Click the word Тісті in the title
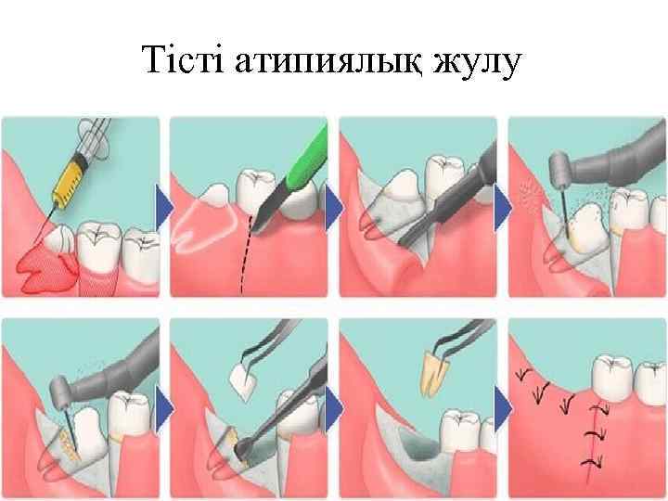click(183, 59)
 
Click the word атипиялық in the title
click(328, 62)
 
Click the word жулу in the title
click(477, 63)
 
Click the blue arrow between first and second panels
click(164, 208)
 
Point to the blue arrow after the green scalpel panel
click(334, 208)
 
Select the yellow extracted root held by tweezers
click(434, 373)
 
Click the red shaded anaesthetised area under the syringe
click(47, 271)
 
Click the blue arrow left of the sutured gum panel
click(503, 408)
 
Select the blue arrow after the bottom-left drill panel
click(164, 408)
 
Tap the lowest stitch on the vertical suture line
click(592, 462)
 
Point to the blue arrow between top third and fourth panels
click(503, 208)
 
